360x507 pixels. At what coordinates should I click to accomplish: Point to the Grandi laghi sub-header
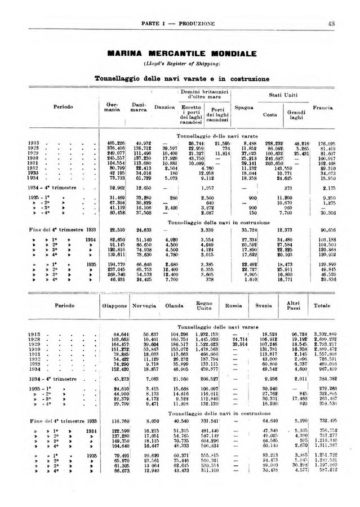pos(295,115)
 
